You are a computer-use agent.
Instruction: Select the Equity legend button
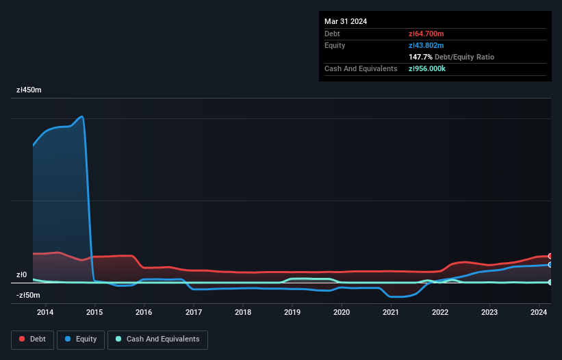click(x=81, y=339)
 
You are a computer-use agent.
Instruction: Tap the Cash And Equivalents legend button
click(x=157, y=339)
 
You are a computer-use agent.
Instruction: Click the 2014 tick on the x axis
click(x=45, y=313)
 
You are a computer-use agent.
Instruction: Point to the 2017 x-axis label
click(x=194, y=313)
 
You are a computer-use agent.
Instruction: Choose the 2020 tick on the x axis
click(x=342, y=313)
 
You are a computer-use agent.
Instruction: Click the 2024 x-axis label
click(x=539, y=313)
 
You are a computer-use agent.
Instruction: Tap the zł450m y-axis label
click(x=29, y=90)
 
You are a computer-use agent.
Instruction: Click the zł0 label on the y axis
click(x=21, y=275)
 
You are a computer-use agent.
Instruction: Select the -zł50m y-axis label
click(x=27, y=296)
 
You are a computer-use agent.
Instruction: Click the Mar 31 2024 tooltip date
click(x=346, y=21)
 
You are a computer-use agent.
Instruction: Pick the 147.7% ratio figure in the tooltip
click(x=421, y=57)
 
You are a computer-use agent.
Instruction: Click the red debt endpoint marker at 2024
click(x=550, y=256)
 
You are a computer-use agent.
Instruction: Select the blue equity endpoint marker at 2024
click(x=550, y=264)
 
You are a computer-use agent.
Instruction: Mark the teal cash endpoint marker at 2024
click(x=550, y=282)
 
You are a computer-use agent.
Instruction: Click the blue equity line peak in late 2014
click(x=82, y=116)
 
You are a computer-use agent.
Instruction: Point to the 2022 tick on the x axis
click(x=440, y=313)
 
